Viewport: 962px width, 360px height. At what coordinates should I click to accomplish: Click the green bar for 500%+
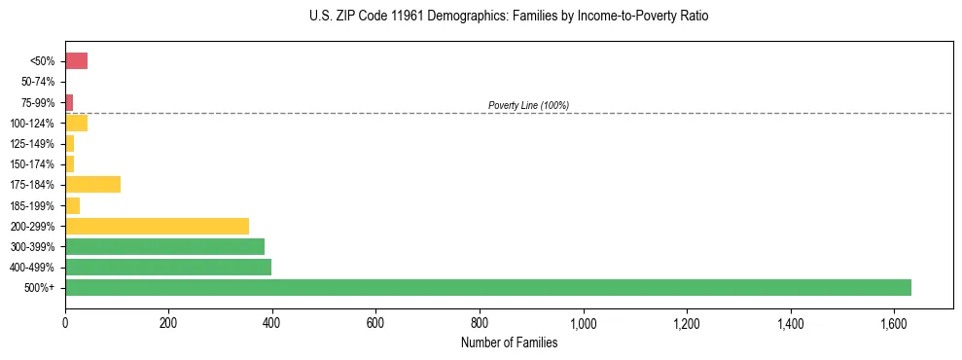(487, 287)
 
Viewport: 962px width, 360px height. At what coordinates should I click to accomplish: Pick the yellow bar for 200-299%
(157, 226)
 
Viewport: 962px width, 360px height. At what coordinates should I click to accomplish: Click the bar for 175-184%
(92, 184)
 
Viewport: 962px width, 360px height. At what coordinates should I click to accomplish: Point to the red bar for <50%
(76, 61)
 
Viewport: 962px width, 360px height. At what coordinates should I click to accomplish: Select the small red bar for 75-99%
(69, 102)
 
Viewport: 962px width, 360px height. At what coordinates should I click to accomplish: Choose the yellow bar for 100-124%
(76, 123)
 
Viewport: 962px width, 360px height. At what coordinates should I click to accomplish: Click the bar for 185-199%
(72, 205)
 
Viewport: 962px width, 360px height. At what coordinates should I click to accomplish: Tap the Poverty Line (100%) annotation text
(528, 105)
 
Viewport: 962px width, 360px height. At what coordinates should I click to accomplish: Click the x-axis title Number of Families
(509, 342)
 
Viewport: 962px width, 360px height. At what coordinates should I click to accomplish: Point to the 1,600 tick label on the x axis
(894, 323)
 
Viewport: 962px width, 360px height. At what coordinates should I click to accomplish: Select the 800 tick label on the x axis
(480, 323)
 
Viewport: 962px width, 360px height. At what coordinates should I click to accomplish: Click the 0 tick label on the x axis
(65, 323)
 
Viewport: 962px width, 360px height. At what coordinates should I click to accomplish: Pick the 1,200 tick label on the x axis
(687, 323)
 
